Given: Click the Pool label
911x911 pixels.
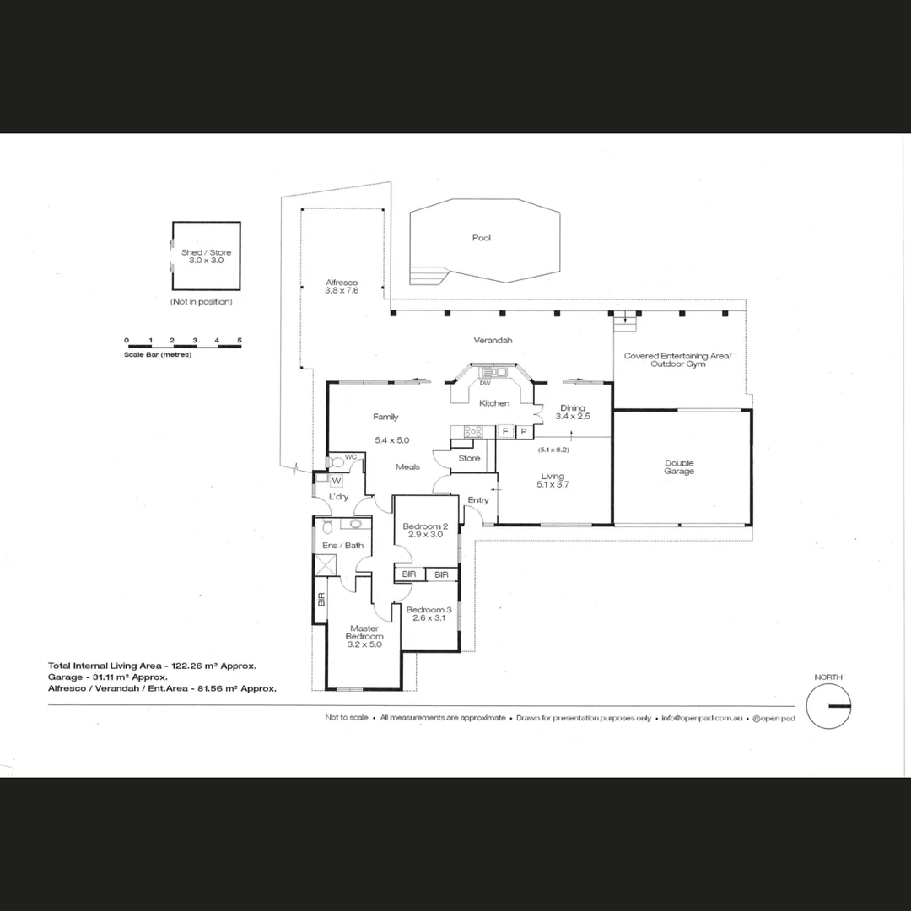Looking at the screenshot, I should tap(482, 238).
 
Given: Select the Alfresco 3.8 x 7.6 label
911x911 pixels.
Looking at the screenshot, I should tap(342, 287).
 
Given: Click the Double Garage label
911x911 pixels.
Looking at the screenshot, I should tap(679, 466).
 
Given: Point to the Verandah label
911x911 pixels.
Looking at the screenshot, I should tap(493, 341).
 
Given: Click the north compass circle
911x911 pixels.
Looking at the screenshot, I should tap(828, 705).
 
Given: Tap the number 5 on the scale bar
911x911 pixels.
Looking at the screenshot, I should tap(240, 341).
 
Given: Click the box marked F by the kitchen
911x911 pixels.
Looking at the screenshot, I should tap(505, 432).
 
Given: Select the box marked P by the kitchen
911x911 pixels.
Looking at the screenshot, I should tap(524, 432).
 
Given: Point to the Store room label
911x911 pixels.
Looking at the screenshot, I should tap(470, 458).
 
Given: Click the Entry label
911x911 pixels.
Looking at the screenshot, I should tap(478, 500).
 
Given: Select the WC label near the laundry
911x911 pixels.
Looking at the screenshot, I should tap(351, 456).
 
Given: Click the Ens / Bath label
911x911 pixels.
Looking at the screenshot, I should tap(343, 546).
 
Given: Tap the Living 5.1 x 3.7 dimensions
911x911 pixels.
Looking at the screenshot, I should tap(553, 485).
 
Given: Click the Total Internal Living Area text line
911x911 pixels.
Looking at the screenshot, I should tap(152, 666).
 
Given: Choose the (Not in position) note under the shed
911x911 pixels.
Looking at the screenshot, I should tap(201, 301).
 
